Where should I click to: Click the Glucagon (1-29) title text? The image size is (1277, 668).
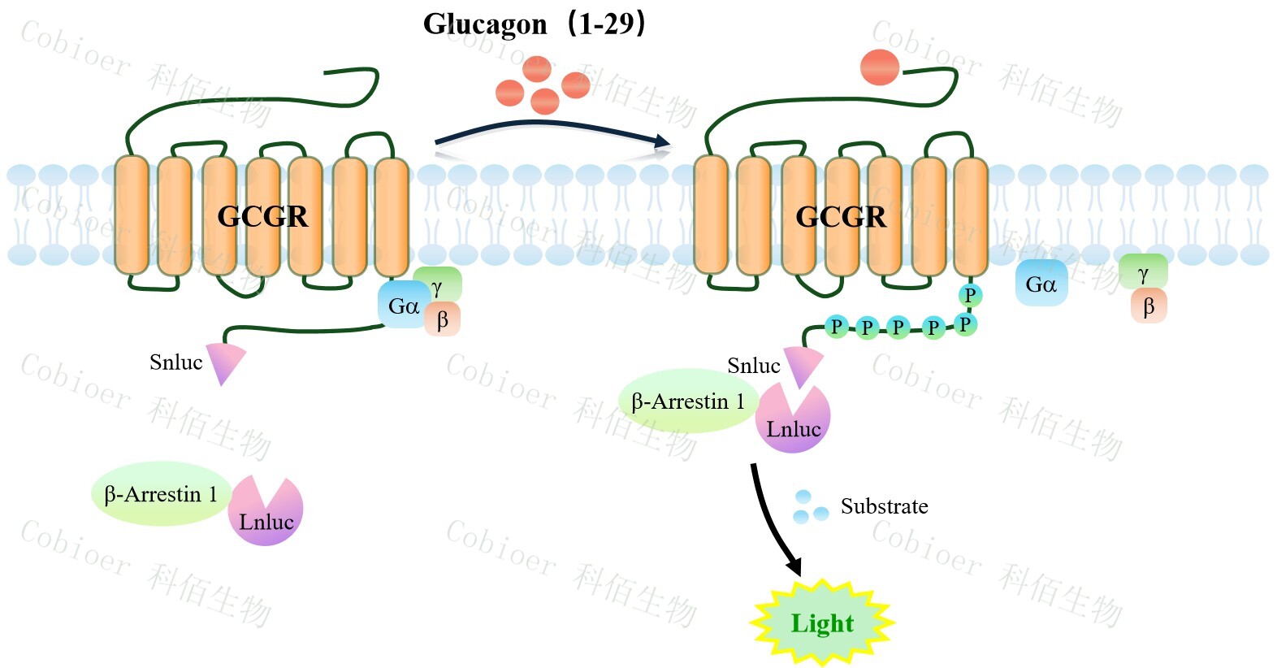534,24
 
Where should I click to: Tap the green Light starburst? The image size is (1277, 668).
821,622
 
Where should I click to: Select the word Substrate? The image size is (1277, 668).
884,506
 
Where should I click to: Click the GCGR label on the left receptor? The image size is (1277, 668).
262,216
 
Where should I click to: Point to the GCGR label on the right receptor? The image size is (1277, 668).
841,216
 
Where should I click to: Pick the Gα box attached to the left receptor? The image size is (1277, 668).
402,306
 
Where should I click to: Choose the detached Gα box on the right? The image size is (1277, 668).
1041,284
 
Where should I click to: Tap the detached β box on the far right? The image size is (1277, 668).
1149,306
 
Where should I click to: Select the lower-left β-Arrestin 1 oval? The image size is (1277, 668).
161,494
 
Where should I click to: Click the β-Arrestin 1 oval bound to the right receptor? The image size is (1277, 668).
688,401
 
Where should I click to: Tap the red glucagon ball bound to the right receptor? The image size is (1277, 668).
880,67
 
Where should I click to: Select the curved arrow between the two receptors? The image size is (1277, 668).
552,130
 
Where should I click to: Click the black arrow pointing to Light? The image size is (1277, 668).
773,520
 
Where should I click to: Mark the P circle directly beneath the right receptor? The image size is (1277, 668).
969,295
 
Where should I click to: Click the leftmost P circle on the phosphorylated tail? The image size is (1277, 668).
835,327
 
